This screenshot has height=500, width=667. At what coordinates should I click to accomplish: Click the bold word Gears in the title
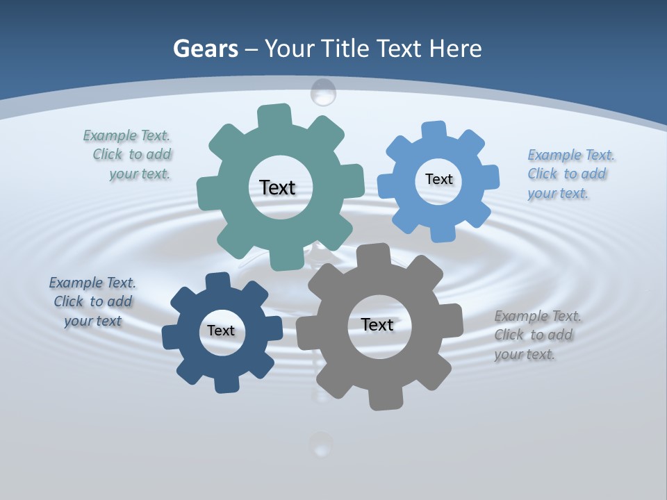205,49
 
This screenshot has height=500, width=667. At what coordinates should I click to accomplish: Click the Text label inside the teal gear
277,187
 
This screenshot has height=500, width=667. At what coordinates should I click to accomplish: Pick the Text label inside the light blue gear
438,179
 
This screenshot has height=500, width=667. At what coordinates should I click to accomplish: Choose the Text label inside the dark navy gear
221,331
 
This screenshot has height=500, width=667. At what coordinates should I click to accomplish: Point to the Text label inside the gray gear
377,324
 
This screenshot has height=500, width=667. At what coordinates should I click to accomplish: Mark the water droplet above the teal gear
323,92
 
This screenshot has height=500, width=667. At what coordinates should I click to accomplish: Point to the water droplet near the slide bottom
320,444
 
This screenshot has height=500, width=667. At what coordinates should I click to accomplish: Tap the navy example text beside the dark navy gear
92,301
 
